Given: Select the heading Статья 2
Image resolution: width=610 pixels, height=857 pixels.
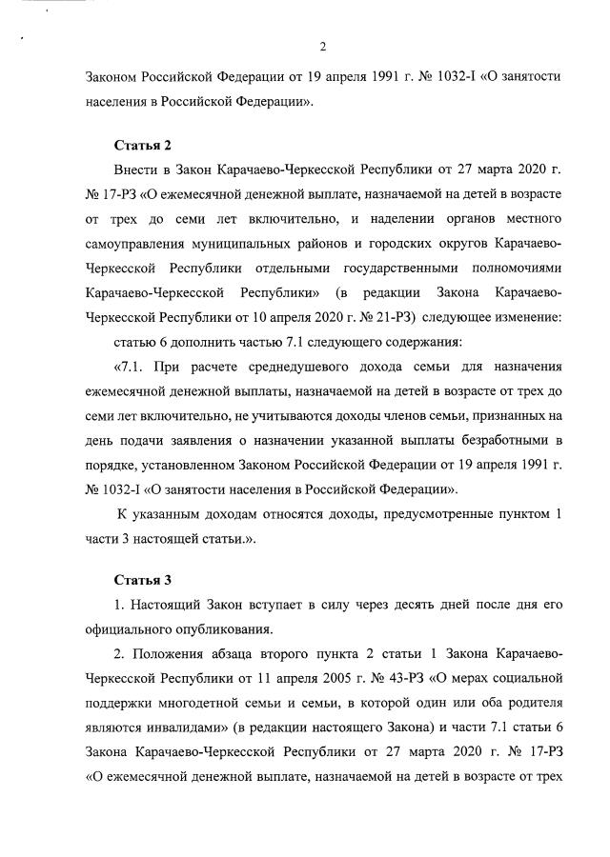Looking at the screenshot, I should pyautogui.click(x=142, y=146).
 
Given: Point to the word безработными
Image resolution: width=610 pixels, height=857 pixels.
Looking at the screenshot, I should pyautogui.click(x=493, y=442).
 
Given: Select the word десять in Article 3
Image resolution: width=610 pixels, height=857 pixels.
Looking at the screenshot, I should pyautogui.click(x=401, y=604).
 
